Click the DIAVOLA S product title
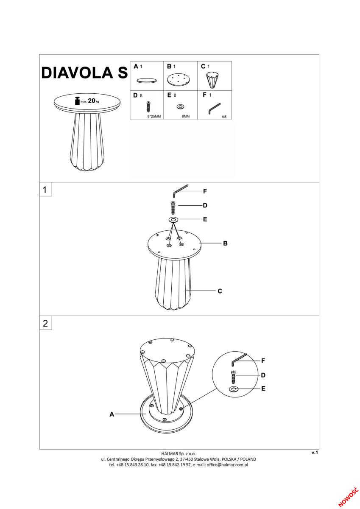pos(84,73)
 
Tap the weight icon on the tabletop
pos(77,101)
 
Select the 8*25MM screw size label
pos(154,117)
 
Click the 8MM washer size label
pos(186,117)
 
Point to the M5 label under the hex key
pos(224,117)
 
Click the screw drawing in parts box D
pos(148,106)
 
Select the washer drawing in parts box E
pos(180,106)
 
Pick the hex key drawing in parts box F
pos(214,109)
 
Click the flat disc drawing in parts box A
pos(146,81)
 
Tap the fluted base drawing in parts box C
pos(213,80)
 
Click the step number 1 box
pos(45,189)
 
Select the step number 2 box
pos(45,323)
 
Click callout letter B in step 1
pos(225,243)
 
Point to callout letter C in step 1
pos(220,291)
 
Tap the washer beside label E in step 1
pos(173,220)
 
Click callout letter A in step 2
pos(112,414)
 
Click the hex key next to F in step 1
pos(181,191)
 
